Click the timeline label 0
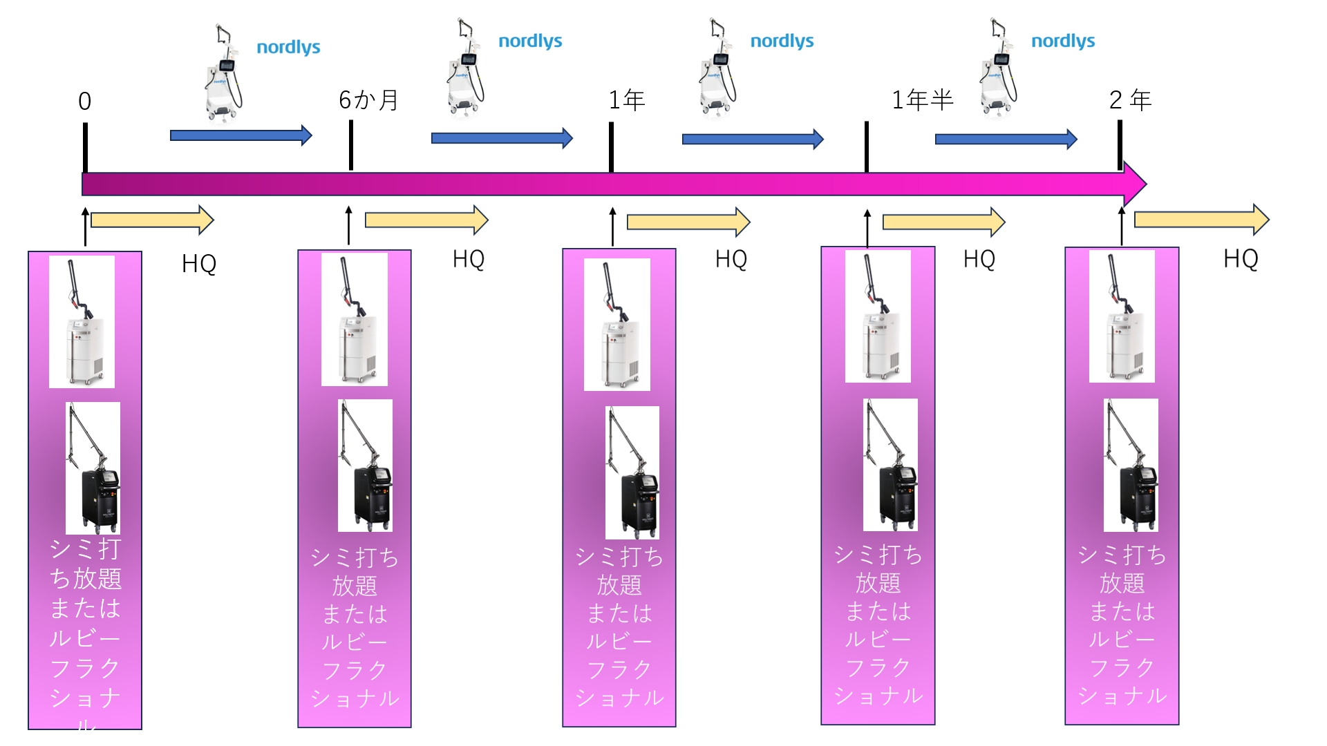click(x=84, y=102)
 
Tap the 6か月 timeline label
click(x=368, y=100)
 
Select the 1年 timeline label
click(x=626, y=100)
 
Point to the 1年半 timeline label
click(x=922, y=100)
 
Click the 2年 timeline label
click(x=1130, y=100)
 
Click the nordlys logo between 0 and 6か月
click(x=288, y=47)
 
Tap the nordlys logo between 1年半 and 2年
click(x=1062, y=41)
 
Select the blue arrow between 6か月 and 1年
click(x=502, y=138)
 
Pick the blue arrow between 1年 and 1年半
click(x=753, y=140)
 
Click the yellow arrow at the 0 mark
click(x=152, y=220)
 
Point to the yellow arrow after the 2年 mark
click(x=1201, y=220)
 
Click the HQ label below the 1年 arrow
click(x=731, y=259)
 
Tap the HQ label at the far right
click(x=1241, y=258)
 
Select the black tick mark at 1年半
click(x=867, y=146)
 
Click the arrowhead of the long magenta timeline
click(x=1135, y=184)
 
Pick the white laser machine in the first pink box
click(x=82, y=322)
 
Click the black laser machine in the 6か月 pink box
click(x=365, y=466)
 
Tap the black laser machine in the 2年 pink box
click(x=1131, y=466)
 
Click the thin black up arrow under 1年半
click(x=867, y=228)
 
